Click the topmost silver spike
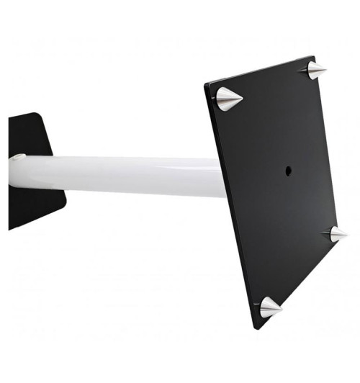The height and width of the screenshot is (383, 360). [x=312, y=71]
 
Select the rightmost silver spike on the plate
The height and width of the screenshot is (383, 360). [x=336, y=233]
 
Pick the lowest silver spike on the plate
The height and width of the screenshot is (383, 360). [x=269, y=307]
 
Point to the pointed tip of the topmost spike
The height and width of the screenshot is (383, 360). [x=326, y=70]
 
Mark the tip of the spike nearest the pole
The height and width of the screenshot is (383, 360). [x=244, y=99]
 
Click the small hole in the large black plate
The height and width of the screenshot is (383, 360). [x=288, y=171]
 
